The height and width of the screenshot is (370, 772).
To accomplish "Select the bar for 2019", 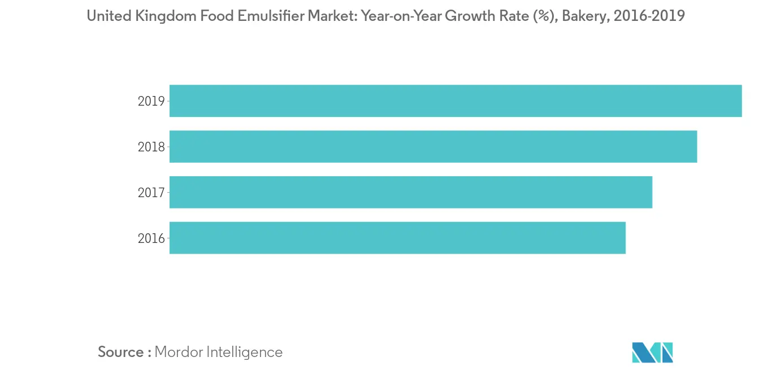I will [x=455, y=101].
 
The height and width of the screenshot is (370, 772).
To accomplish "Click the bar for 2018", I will [x=433, y=147].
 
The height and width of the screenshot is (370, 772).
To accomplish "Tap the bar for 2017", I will [x=410, y=192].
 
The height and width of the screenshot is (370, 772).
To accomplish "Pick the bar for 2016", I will [x=397, y=238].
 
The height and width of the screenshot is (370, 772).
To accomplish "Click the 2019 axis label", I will [x=151, y=102].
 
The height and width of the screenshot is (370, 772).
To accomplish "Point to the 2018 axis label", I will [x=151, y=147].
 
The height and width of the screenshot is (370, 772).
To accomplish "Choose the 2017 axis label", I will [x=151, y=193].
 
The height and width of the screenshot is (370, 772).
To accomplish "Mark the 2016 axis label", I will [x=151, y=238].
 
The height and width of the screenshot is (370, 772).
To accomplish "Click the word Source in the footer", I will [x=120, y=352].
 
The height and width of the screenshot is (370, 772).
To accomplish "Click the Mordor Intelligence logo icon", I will [x=653, y=352].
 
